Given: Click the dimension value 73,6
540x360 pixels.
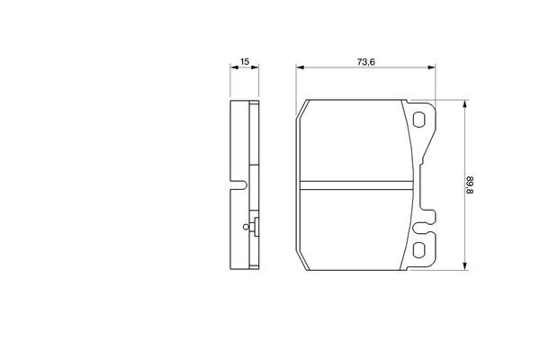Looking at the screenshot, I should [364, 62].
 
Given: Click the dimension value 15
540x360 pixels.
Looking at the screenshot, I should [243, 62].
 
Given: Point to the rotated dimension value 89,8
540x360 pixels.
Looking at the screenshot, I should [470, 185].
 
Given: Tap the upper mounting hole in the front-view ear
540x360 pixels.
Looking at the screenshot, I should [420, 120].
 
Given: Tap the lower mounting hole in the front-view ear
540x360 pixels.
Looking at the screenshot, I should [420, 251].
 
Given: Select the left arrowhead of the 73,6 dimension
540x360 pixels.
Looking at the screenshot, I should [301, 69].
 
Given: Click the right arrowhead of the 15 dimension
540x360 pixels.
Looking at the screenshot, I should [256, 69].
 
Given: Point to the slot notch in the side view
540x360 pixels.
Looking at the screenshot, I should [238, 186].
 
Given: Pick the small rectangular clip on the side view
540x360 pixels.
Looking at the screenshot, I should [256, 228].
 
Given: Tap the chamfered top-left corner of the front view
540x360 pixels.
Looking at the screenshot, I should [302, 110].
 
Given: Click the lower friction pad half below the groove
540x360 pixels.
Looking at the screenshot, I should [358, 229].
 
